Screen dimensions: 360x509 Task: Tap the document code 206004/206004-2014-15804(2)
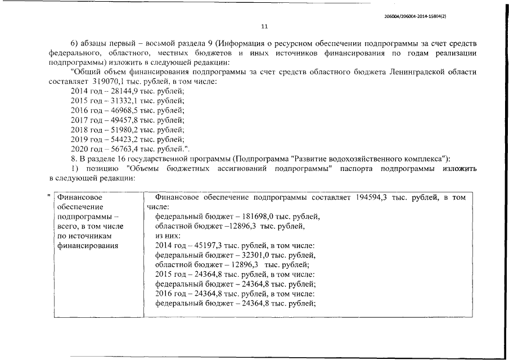pyautogui.click(x=415, y=17)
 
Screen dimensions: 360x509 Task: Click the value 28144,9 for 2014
pyautogui.click(x=115, y=91)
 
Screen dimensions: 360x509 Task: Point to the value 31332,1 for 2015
pyautogui.click(x=115, y=101)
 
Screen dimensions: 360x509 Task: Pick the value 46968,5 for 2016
pyautogui.click(x=115, y=110)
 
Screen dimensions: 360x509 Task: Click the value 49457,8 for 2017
pyautogui.click(x=115, y=120)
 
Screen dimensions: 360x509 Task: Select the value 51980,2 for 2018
pyautogui.click(x=115, y=129)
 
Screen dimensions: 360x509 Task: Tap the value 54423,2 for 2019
pyautogui.click(x=115, y=139)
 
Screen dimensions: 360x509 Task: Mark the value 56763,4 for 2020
pyautogui.click(x=115, y=148)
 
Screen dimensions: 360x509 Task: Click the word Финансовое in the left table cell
pyautogui.click(x=78, y=197)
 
